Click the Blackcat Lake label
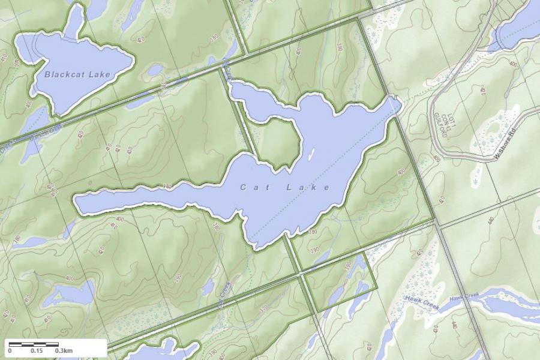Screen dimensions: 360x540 coord(77,75)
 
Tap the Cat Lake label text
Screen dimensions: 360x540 coord(285,188)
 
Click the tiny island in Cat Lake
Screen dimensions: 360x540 coord(311,154)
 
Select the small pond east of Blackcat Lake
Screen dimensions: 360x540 coord(155,71)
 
